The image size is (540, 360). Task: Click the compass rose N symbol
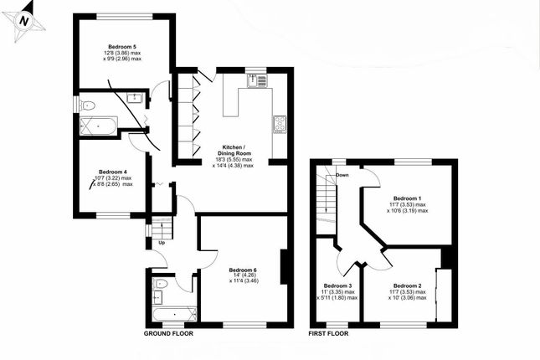tap(23, 22)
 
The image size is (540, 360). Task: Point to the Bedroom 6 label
tap(243, 270)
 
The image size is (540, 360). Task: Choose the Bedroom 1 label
tap(408, 198)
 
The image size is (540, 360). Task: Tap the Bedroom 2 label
tap(408, 285)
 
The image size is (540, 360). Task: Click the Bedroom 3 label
tap(338, 285)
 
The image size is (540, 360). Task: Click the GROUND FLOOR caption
tap(168, 333)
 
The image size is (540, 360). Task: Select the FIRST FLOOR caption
tap(328, 333)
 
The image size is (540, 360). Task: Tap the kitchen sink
tap(256, 81)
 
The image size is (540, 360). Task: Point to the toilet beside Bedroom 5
tap(87, 105)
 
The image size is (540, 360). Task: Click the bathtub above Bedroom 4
tap(99, 126)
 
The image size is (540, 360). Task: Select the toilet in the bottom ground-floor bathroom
tap(161, 284)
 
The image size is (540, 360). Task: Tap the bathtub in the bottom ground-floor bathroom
tap(175, 314)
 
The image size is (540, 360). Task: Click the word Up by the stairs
tap(162, 243)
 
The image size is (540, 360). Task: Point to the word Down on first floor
tap(342, 175)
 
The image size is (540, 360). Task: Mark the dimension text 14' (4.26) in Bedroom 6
tap(244, 275)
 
